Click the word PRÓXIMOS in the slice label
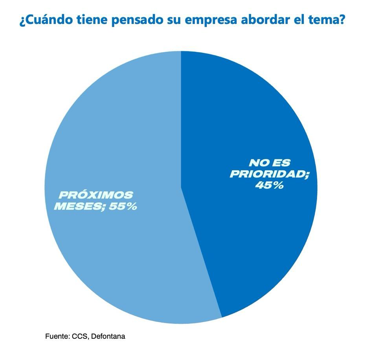pyautogui.click(x=96, y=195)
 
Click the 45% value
pyautogui.click(x=269, y=185)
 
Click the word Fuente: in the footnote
pyautogui.click(x=57, y=336)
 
